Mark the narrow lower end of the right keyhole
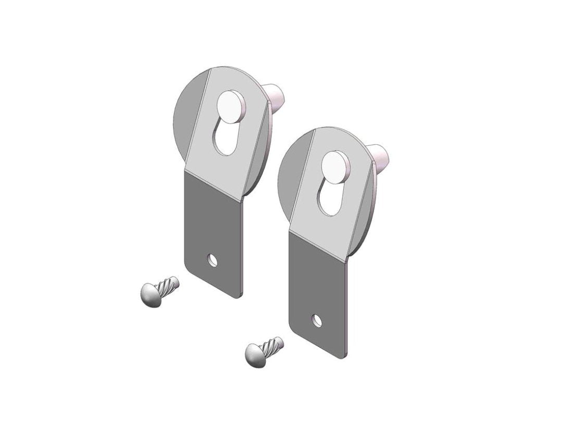[328, 206]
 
